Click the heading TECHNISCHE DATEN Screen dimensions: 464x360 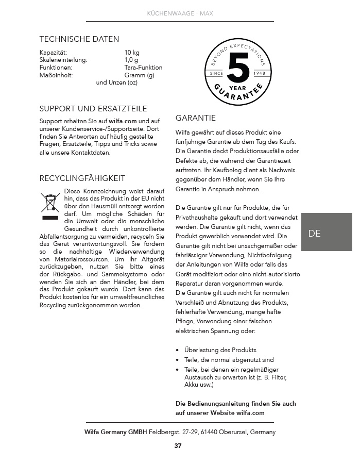[x=79, y=39]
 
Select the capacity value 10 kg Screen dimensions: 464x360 [x=132, y=53]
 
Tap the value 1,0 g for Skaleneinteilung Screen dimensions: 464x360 [x=131, y=60]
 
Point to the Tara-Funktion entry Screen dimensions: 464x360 [x=143, y=68]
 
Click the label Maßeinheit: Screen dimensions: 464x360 [x=56, y=75]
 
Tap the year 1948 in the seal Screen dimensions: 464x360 [x=260, y=74]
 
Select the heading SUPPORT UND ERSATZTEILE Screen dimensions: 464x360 [x=93, y=109]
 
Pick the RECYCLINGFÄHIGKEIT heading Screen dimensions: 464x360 [x=82, y=178]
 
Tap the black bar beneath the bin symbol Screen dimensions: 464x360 [x=50, y=218]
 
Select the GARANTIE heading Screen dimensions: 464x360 [x=196, y=118]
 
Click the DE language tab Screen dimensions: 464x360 [x=315, y=233]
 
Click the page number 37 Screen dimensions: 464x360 [x=178, y=446]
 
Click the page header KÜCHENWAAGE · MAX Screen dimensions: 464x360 [x=180, y=13]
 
